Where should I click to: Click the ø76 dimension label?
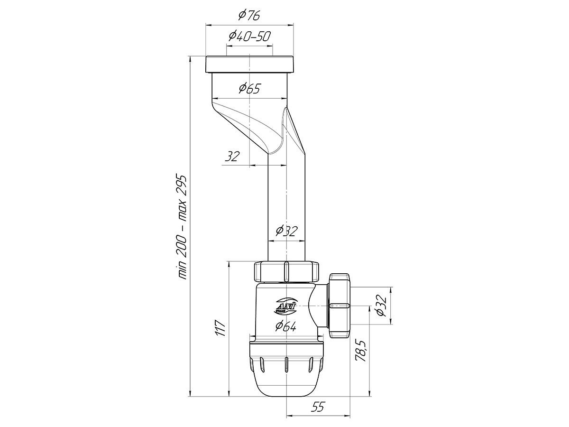click(x=249, y=16)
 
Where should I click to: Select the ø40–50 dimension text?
click(x=249, y=37)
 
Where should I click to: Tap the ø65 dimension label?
click(x=249, y=89)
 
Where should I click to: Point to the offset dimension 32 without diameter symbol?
click(x=232, y=157)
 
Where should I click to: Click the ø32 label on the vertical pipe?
click(x=285, y=231)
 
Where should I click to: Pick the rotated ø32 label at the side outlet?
click(x=381, y=306)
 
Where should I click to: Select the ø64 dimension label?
click(x=285, y=326)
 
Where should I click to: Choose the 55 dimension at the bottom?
click(x=318, y=407)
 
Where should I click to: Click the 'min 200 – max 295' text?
click(x=181, y=227)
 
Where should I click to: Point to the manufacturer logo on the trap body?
click(x=285, y=306)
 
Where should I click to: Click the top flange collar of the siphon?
click(x=249, y=65)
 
